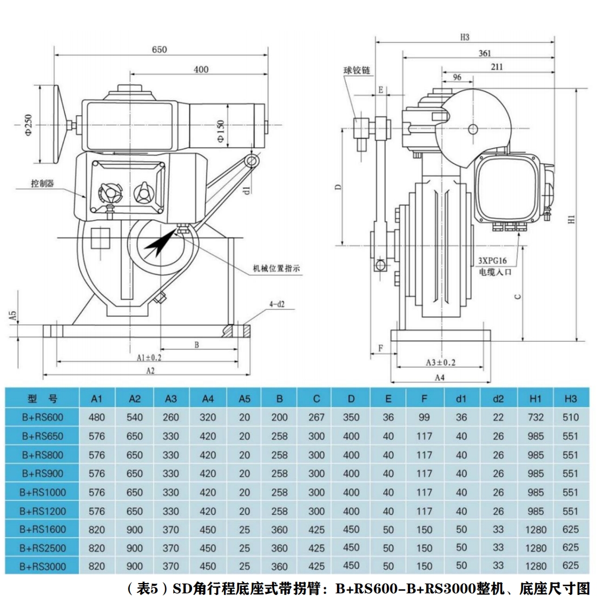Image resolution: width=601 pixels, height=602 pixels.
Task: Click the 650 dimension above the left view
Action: click(x=159, y=50)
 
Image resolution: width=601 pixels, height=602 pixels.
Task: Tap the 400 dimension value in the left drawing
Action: click(x=201, y=69)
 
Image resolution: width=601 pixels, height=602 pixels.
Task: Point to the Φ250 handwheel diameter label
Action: click(x=29, y=125)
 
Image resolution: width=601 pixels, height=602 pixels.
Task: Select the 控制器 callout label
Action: click(x=42, y=183)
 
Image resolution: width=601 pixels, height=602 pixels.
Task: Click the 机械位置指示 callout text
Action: click(x=276, y=268)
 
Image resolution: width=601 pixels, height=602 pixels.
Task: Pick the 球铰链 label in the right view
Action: click(x=356, y=71)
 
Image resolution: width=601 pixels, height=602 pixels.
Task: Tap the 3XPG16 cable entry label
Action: click(x=493, y=261)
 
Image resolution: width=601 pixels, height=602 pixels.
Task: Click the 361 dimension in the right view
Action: click(x=485, y=53)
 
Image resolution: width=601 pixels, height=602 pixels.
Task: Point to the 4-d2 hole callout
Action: click(x=277, y=305)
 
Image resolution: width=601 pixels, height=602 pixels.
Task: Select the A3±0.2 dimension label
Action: click(x=440, y=362)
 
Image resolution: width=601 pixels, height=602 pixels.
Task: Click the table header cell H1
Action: click(x=535, y=399)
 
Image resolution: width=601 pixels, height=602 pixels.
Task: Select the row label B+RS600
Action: click(x=42, y=418)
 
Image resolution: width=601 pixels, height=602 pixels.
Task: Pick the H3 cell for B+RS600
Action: click(x=570, y=418)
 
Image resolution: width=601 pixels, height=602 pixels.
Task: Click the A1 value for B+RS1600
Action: click(x=97, y=530)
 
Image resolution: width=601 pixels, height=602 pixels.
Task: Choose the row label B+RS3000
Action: click(x=42, y=566)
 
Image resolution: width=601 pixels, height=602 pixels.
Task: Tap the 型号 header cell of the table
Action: click(x=42, y=399)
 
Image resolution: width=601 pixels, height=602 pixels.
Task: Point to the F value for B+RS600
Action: click(x=424, y=418)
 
